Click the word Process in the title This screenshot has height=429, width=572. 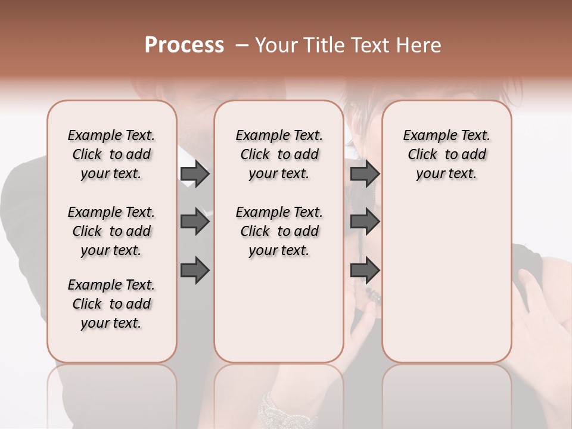184,45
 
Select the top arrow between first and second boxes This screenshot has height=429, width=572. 195,173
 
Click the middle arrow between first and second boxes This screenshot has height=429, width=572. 195,222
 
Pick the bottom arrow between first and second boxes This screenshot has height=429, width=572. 195,270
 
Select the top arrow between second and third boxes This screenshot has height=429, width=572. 365,173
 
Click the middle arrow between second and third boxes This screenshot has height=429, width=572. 365,222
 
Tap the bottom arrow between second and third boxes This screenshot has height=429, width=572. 365,270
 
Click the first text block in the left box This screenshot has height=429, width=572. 111,154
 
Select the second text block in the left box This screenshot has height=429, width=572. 111,231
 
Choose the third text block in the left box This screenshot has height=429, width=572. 111,304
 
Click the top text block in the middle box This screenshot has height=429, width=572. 279,154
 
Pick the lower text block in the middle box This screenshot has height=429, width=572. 279,231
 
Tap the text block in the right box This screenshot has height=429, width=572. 446,154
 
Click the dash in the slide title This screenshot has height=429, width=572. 241,45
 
